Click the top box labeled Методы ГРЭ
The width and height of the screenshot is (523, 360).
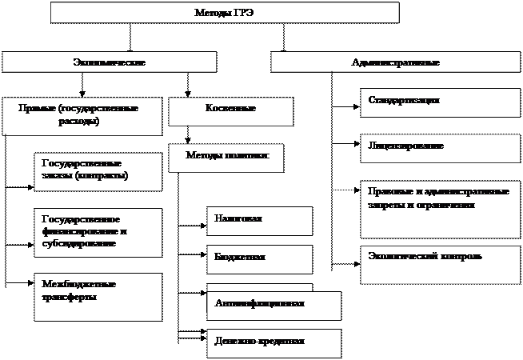click(225, 13)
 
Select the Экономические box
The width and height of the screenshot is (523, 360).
click(109, 62)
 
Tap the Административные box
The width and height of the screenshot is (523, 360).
click(395, 62)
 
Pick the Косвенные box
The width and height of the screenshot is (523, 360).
click(230, 111)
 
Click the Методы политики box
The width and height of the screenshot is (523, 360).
click(227, 157)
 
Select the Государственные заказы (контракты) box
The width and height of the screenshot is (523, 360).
click(98, 170)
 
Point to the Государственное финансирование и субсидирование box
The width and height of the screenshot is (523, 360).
click(98, 232)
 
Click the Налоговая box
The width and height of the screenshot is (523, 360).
click(259, 221)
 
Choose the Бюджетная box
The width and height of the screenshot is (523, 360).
click(259, 259)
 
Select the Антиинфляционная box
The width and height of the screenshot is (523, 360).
click(273, 305)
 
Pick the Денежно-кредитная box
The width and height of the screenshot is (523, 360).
click(273, 342)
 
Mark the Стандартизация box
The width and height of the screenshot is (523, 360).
click(440, 102)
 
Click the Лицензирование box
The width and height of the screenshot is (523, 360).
click(440, 148)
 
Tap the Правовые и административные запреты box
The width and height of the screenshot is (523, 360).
click(440, 208)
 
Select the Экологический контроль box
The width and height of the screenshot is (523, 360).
click(440, 265)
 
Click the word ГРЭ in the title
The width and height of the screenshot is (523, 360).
click(242, 13)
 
